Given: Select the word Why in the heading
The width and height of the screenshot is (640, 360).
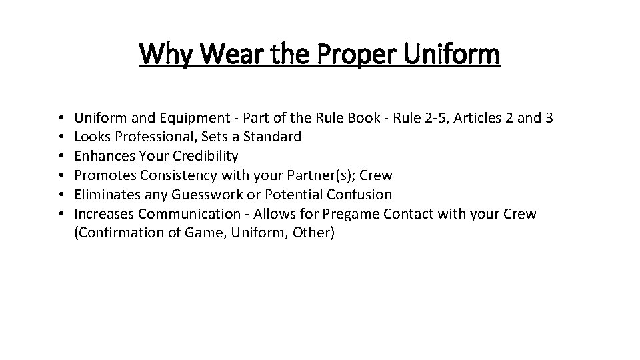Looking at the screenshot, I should pos(165,55).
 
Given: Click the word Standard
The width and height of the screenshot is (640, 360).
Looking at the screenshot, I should pos(275,137).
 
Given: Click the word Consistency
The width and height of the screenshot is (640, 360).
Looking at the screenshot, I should pos(170,175).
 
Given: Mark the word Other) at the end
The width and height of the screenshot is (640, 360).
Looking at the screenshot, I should pos(313,233).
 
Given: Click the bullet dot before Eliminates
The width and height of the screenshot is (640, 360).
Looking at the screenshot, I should pos(61,195).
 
